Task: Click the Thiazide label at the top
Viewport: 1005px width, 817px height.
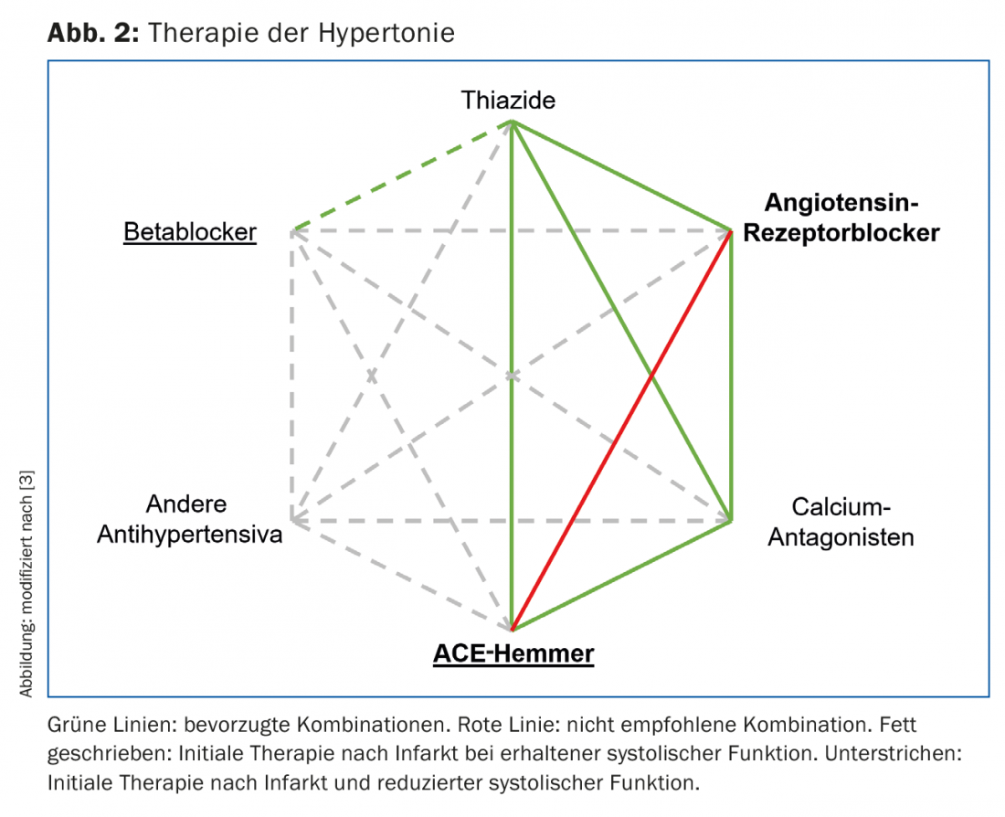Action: pyautogui.click(x=508, y=100)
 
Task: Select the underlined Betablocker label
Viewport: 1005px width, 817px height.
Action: pyautogui.click(x=190, y=232)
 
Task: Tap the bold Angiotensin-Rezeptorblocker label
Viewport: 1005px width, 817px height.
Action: pyautogui.click(x=841, y=217)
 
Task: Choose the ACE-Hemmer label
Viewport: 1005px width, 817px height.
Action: pyautogui.click(x=513, y=653)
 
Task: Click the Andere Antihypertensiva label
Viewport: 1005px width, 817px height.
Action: pyautogui.click(x=188, y=519)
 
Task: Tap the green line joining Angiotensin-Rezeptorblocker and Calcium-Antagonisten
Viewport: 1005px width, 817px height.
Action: pyautogui.click(x=731, y=375)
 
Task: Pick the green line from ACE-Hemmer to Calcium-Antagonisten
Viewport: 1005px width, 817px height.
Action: pyautogui.click(x=621, y=576)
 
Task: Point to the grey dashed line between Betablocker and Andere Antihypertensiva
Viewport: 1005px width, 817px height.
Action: pyautogui.click(x=292, y=375)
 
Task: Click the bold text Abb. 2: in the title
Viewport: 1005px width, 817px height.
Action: pyautogui.click(x=91, y=34)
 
